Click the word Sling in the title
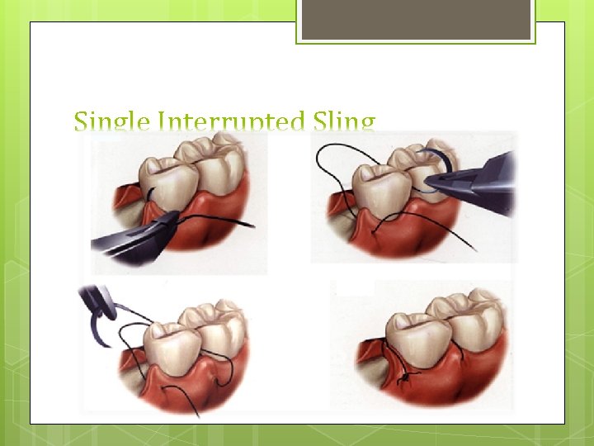pos(343,123)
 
